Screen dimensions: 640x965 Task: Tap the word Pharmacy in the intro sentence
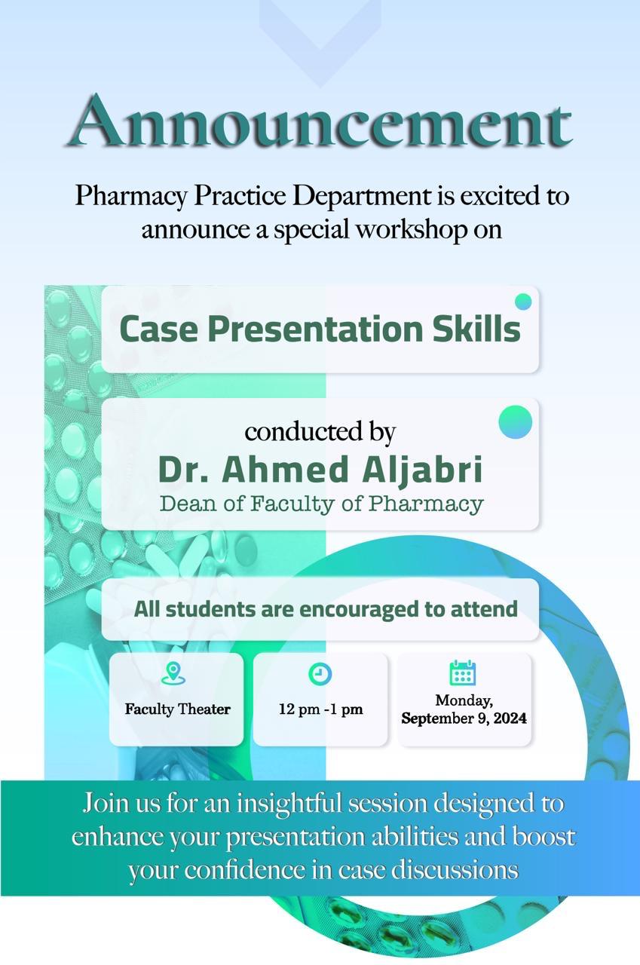pyautogui.click(x=131, y=197)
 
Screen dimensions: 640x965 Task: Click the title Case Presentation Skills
pyautogui.click(x=320, y=329)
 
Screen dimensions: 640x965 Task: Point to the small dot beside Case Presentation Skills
pyautogui.click(x=523, y=302)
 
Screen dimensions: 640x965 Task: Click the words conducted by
pyautogui.click(x=320, y=432)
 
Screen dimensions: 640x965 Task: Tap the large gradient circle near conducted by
pyautogui.click(x=516, y=422)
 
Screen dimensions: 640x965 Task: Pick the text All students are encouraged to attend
pyautogui.click(x=326, y=609)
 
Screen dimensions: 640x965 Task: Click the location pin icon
pyautogui.click(x=173, y=673)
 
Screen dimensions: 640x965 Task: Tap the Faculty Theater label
pyautogui.click(x=177, y=709)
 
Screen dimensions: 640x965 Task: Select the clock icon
pyautogui.click(x=320, y=674)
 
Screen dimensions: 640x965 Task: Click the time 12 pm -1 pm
pyautogui.click(x=320, y=709)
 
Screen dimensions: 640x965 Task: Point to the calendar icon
pyautogui.click(x=463, y=672)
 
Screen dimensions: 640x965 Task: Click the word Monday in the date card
pyautogui.click(x=464, y=701)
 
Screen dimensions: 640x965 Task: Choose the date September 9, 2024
pyautogui.click(x=464, y=718)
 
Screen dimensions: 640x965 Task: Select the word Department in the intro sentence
pyautogui.click(x=362, y=196)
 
